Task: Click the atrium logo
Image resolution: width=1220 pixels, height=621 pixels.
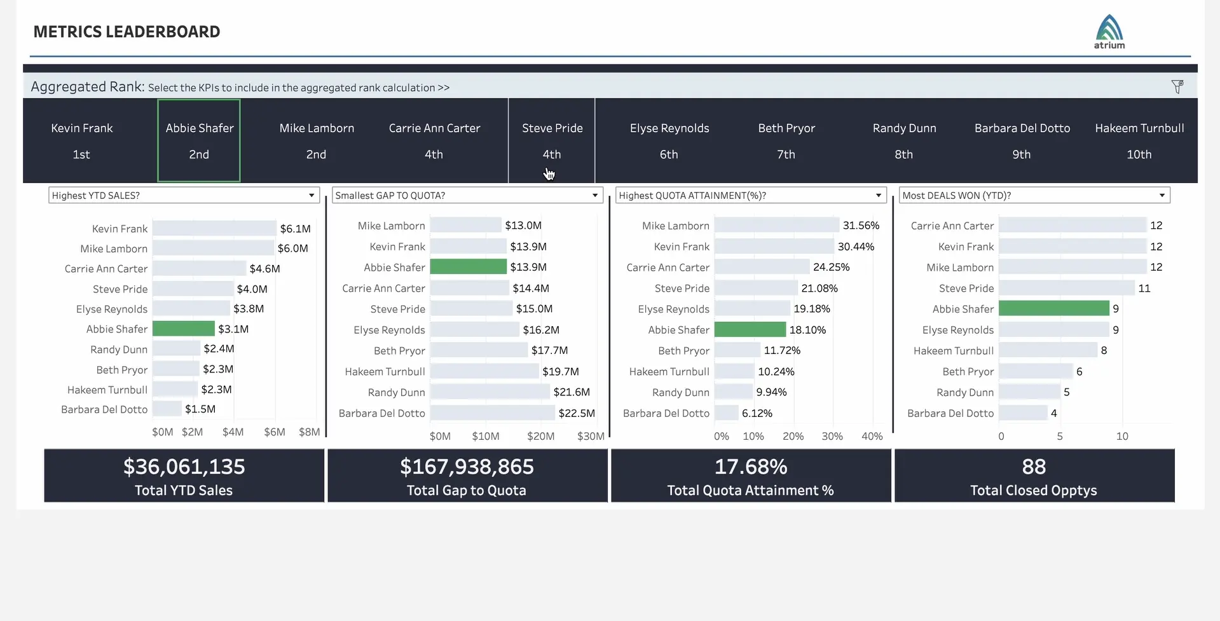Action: (x=1109, y=31)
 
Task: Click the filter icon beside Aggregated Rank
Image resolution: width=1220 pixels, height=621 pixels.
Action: (x=1177, y=86)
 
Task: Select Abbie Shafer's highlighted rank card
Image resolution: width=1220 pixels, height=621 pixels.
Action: (x=199, y=140)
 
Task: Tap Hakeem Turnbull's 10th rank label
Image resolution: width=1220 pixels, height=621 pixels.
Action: (x=1139, y=154)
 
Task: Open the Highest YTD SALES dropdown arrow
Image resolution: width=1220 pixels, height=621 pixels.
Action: (x=312, y=195)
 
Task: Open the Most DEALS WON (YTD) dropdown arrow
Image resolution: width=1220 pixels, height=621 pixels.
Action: (x=1162, y=195)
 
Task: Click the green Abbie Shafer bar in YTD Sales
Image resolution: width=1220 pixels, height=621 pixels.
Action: (x=184, y=329)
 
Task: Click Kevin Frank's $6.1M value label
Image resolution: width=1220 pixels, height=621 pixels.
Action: (x=295, y=229)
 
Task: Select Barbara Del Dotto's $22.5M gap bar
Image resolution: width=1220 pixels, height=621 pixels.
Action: (x=492, y=413)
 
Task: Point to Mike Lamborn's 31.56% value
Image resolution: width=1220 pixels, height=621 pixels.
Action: (x=861, y=226)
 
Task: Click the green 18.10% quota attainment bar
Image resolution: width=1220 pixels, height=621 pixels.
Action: (x=750, y=330)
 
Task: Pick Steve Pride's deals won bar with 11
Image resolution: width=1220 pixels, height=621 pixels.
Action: (x=1066, y=289)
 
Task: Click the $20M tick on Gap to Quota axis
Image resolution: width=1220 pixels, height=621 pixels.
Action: (x=540, y=436)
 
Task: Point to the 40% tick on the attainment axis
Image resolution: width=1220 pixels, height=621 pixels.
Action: (x=872, y=436)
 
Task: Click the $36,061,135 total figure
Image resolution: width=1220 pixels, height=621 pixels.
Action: (x=184, y=467)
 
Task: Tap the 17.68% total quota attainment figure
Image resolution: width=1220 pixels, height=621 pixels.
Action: (x=751, y=467)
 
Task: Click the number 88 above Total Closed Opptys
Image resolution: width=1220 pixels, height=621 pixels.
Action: (x=1034, y=467)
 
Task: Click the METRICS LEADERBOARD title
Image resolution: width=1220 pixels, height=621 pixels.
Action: (x=127, y=32)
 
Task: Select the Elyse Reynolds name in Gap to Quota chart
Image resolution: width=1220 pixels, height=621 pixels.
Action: (x=389, y=330)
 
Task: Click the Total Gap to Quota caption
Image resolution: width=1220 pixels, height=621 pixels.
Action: (x=467, y=491)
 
